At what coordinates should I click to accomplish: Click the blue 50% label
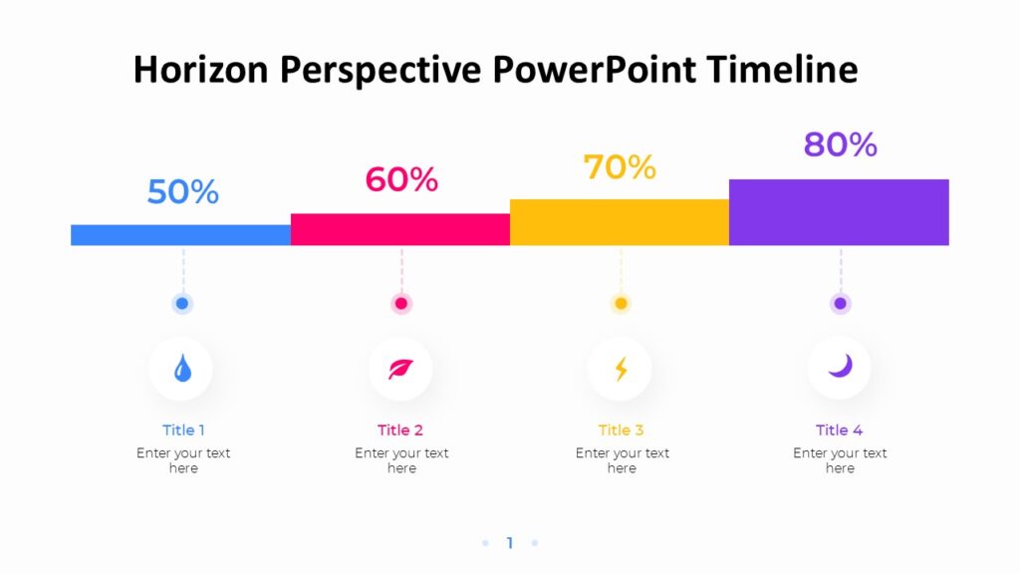point(182,191)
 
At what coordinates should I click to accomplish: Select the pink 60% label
point(401,179)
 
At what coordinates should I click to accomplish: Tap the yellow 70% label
point(620,167)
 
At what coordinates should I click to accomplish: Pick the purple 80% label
point(840,144)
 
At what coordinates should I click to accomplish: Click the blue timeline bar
point(180,235)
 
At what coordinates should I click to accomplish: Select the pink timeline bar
point(400,229)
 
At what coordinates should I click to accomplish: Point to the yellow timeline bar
point(620,222)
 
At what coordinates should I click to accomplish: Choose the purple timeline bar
point(839,212)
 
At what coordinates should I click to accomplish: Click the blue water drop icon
point(182,370)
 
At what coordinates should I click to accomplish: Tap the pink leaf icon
point(400,370)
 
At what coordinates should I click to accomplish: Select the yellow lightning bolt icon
point(621,370)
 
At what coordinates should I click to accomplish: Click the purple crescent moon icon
point(840,367)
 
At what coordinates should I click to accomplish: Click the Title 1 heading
point(183,430)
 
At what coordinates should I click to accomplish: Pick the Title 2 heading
point(400,430)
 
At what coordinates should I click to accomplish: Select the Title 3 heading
point(621,430)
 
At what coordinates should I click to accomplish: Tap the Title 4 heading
point(839,430)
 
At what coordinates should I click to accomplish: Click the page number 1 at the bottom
point(510,543)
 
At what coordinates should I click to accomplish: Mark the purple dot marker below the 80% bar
point(840,304)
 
